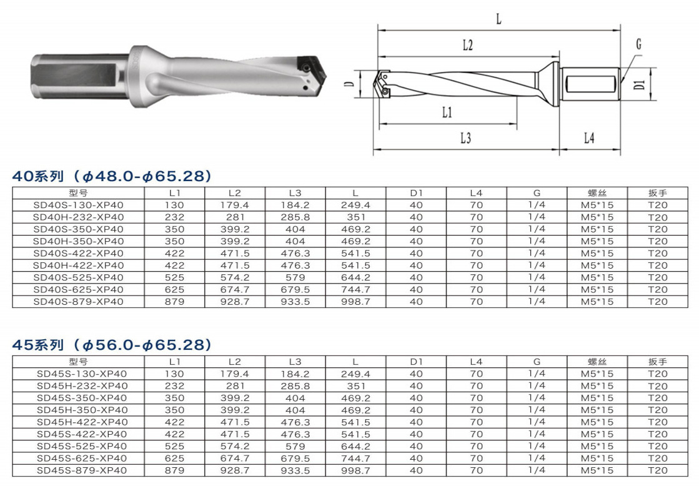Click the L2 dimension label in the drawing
pyautogui.click(x=467, y=45)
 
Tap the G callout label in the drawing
pyautogui.click(x=638, y=44)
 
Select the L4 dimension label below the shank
pyautogui.click(x=589, y=138)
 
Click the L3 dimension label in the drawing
pyautogui.click(x=465, y=139)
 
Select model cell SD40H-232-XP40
pyautogui.click(x=79, y=217)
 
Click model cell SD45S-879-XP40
pyautogui.click(x=82, y=470)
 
